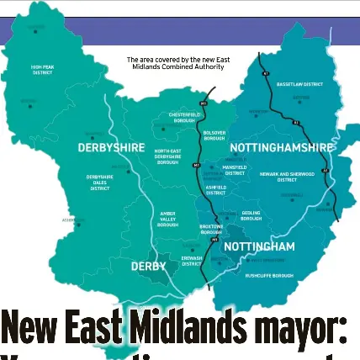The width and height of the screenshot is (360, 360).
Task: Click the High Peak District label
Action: (42, 70)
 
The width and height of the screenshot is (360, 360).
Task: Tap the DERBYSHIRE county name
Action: (111, 147)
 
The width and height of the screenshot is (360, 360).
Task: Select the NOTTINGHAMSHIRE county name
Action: (281, 147)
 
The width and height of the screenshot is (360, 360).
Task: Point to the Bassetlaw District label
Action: (299, 84)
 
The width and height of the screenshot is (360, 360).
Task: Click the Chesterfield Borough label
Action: (184, 117)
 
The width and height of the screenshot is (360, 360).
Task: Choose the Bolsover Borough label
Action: (214, 135)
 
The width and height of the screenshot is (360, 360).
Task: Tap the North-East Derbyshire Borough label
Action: (168, 156)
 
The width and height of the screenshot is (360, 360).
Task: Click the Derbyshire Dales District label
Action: (99, 183)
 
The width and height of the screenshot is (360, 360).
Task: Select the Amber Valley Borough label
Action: (167, 220)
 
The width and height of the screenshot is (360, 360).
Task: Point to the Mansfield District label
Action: (234, 170)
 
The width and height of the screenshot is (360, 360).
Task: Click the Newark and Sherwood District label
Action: (287, 176)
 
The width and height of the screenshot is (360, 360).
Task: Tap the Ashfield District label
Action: (215, 190)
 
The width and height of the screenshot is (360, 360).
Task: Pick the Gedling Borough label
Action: (251, 216)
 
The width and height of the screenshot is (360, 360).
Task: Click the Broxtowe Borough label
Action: (211, 229)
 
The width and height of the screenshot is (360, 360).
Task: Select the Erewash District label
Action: (192, 260)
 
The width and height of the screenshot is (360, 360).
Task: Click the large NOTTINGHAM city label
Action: (259, 246)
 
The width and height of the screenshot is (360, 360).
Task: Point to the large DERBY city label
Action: (148, 266)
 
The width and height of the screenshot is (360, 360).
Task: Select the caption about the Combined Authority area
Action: (178, 62)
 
